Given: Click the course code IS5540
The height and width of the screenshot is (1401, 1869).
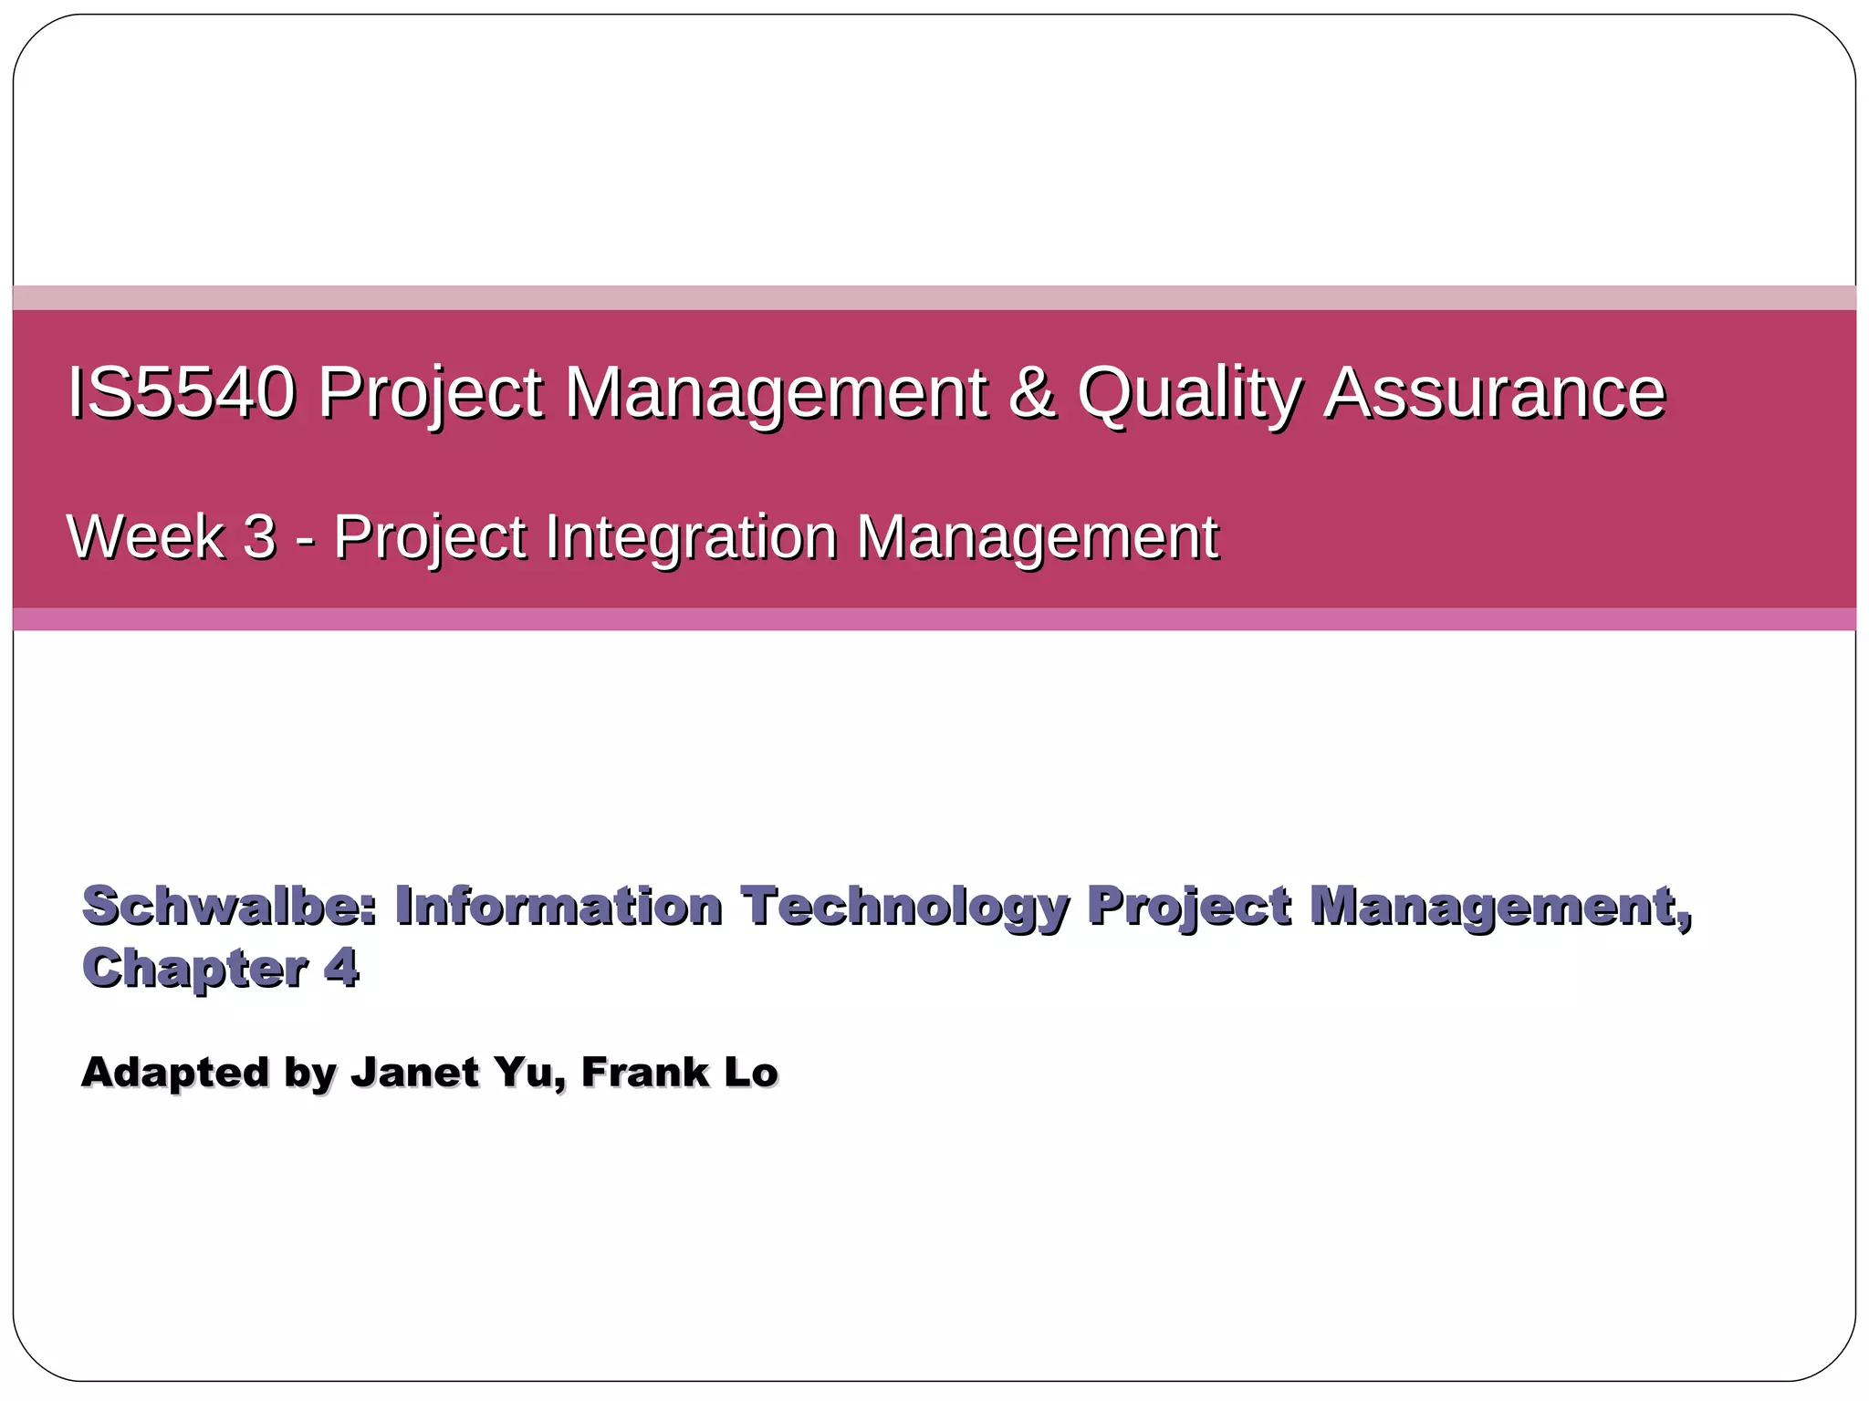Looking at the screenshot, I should tap(182, 392).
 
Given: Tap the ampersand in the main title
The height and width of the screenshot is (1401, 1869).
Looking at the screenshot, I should tap(1032, 392).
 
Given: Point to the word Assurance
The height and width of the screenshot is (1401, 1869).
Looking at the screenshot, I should tap(1495, 392).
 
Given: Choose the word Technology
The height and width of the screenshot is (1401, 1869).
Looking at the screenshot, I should tap(903, 908).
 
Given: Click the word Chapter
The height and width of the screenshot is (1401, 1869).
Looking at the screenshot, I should tap(194, 969).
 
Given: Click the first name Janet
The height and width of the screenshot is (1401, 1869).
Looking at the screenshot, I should tap(415, 1072).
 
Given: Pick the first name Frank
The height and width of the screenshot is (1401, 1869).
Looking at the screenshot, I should tap(644, 1072).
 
